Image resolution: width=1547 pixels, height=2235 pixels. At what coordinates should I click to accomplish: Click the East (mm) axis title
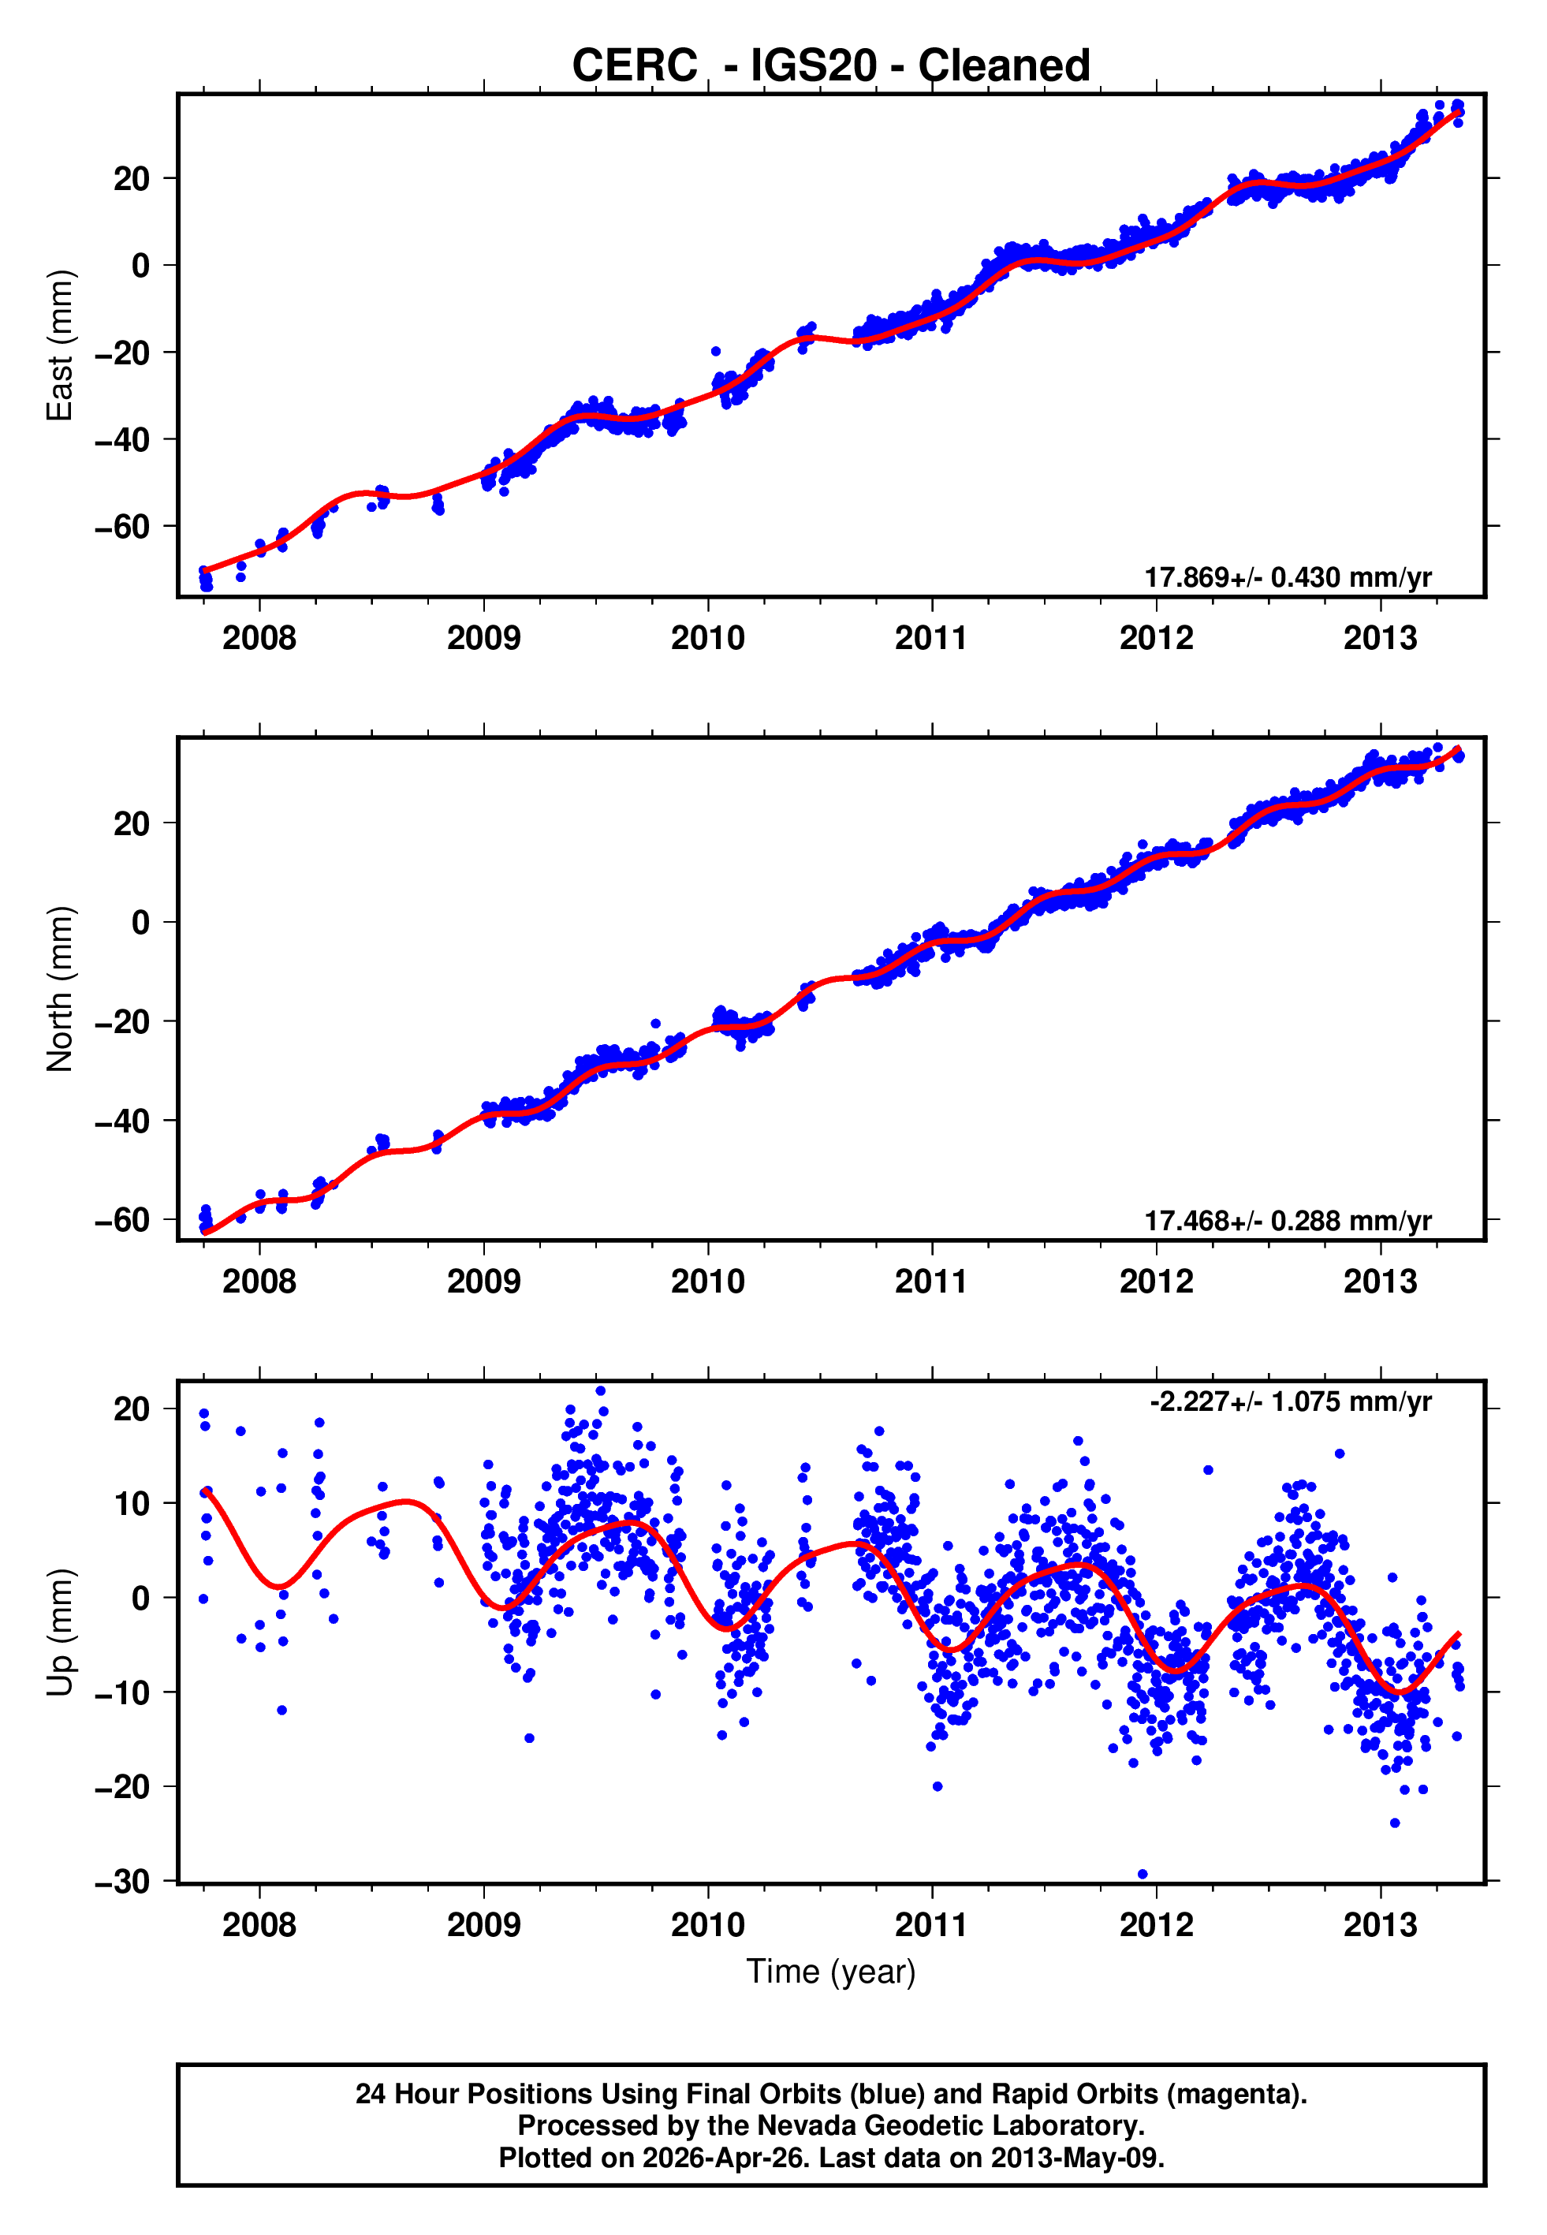point(60,345)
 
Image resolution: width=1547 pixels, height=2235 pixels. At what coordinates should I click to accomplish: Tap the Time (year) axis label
point(831,1972)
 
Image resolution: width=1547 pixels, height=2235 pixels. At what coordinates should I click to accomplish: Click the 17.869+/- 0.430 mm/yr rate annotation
point(1288,577)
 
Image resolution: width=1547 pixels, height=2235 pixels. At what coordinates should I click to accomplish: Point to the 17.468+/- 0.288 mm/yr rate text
point(1288,1220)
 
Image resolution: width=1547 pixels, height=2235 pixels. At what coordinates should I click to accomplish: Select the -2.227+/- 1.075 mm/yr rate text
point(1290,1401)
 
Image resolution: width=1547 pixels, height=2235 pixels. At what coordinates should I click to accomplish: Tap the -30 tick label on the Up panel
point(122,1881)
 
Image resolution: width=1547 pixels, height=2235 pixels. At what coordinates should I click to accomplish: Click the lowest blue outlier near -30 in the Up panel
point(1142,1875)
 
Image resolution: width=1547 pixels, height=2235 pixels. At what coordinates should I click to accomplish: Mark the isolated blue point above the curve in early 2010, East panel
point(715,352)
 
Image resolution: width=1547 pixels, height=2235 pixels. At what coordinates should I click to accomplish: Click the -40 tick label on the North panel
point(122,1121)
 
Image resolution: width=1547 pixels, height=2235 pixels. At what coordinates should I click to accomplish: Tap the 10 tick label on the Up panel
point(132,1503)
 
